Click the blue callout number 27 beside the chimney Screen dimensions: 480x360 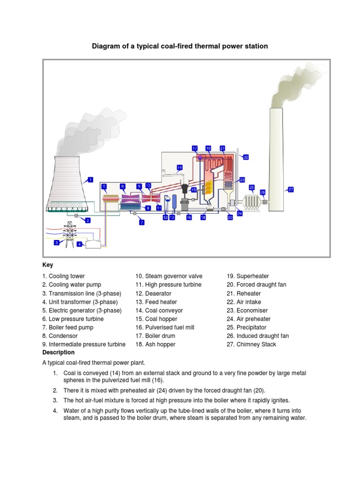[291, 189]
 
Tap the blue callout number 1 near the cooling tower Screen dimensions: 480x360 [90, 179]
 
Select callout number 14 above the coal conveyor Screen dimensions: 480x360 [180, 167]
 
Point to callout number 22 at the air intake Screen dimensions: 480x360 [246, 157]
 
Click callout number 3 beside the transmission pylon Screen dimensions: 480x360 [57, 242]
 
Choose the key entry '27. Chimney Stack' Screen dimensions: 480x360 [251, 345]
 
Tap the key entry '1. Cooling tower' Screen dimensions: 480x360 [63, 277]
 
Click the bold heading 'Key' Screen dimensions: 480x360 [47, 265]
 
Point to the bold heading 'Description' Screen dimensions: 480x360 [58, 352]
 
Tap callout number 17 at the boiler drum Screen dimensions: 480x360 [195, 148]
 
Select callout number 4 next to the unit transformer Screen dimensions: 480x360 [80, 244]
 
